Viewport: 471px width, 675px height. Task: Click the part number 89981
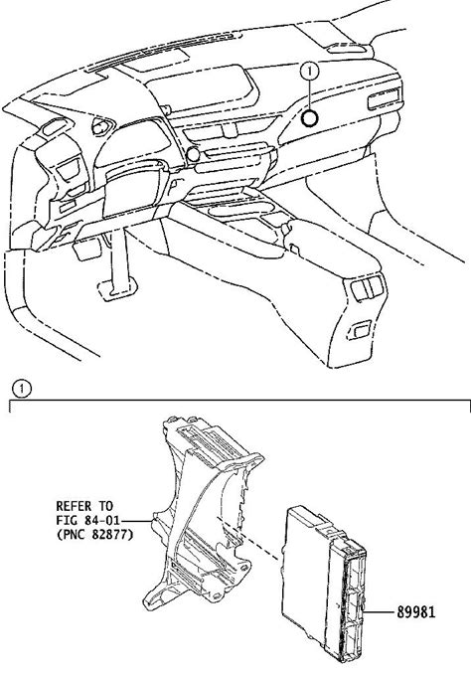pyautogui.click(x=415, y=611)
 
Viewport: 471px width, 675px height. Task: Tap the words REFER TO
pyautogui.click(x=84, y=505)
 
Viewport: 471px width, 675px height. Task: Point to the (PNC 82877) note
pyautogui.click(x=94, y=535)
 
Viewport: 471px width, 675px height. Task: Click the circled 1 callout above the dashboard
pyautogui.click(x=309, y=72)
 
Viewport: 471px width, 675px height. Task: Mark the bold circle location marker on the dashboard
pyautogui.click(x=309, y=118)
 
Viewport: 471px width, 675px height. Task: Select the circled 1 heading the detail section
pyautogui.click(x=22, y=389)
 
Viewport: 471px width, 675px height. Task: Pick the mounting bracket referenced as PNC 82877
pyautogui.click(x=202, y=512)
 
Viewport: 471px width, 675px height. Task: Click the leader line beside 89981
pyautogui.click(x=379, y=611)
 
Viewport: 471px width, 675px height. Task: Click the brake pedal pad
pyautogui.click(x=117, y=288)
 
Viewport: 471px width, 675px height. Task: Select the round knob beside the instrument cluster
pyautogui.click(x=192, y=154)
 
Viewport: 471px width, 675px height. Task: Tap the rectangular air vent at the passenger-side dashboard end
pyautogui.click(x=385, y=99)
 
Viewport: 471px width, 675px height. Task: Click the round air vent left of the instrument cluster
pyautogui.click(x=102, y=126)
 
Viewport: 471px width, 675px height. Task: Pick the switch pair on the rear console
pyautogui.click(x=367, y=286)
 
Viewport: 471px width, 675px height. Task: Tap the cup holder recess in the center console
pyautogui.click(x=240, y=211)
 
